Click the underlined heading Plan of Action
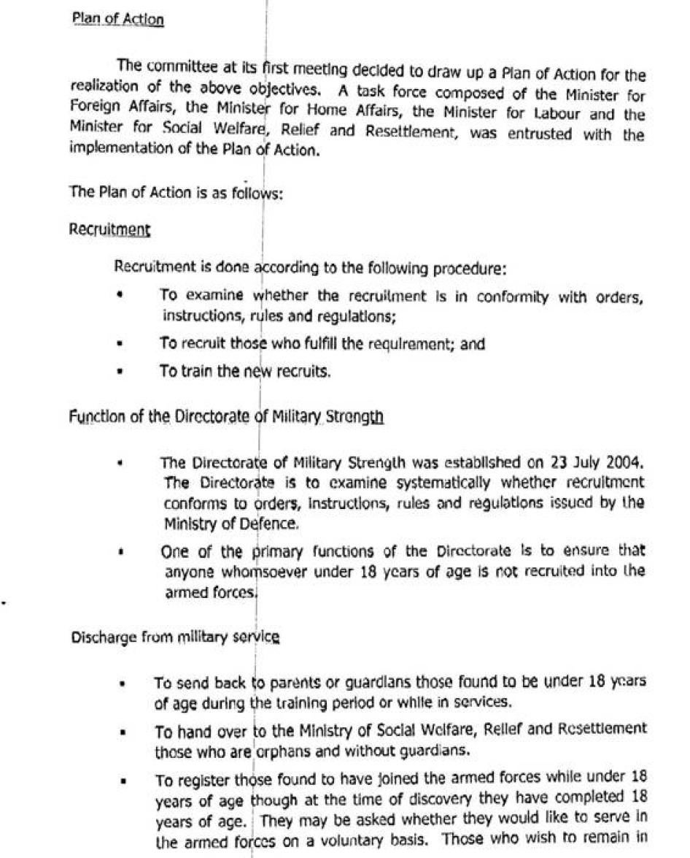tap(117, 19)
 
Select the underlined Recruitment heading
tap(109, 229)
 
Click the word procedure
tap(467, 268)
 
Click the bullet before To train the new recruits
tap(119, 371)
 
